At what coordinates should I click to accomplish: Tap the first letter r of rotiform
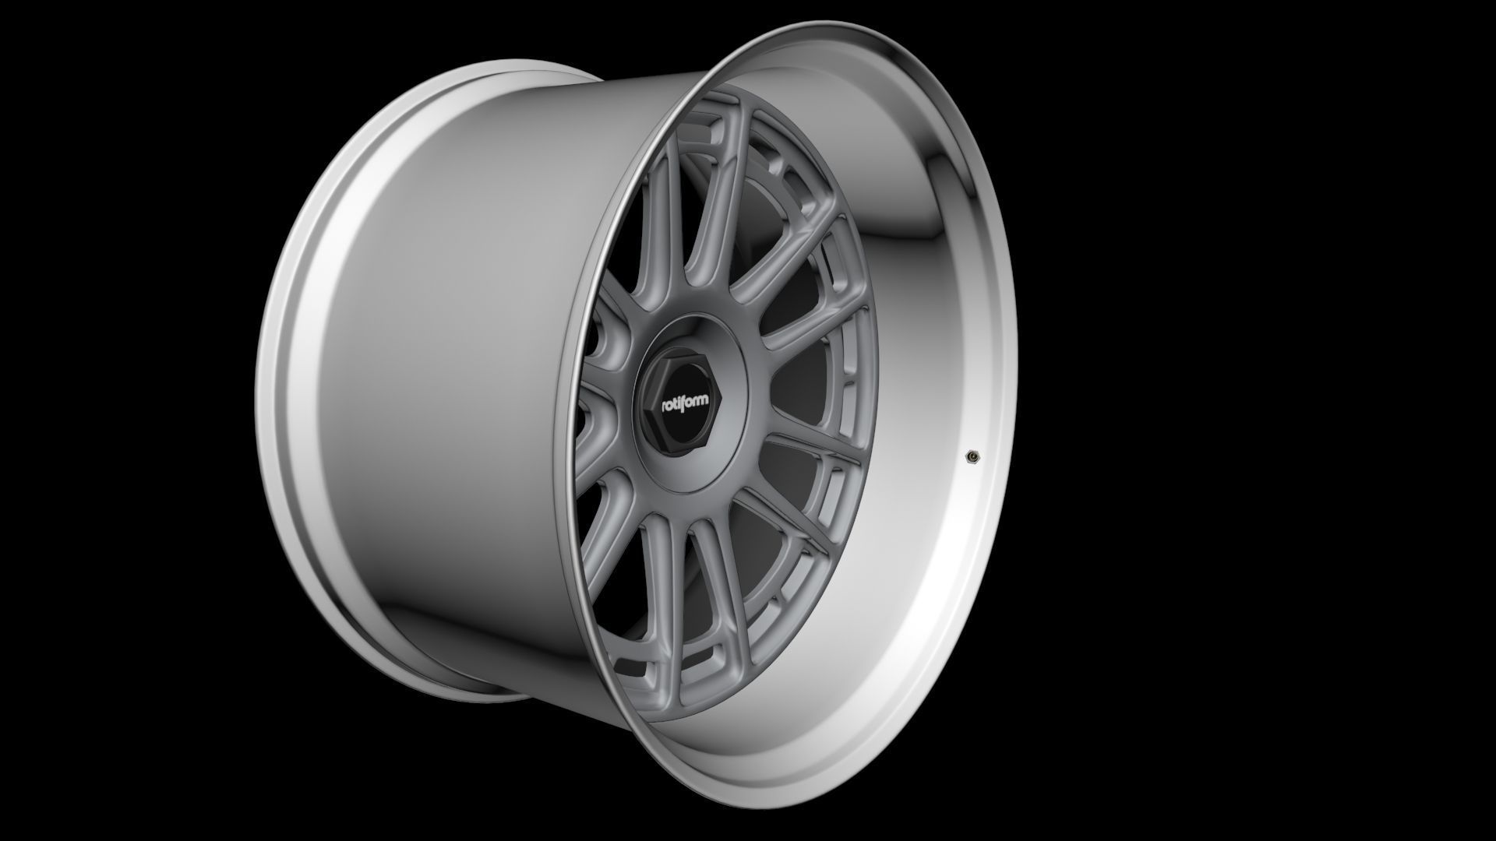point(665,406)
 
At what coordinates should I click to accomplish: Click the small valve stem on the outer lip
point(972,456)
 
